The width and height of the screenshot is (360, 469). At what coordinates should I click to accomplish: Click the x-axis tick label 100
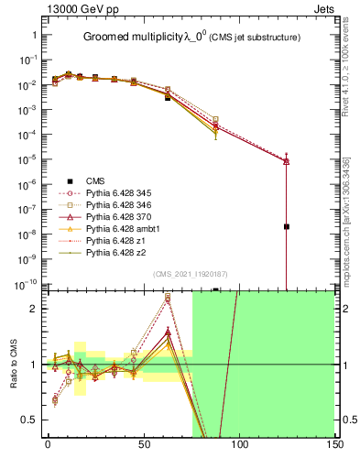pos(239,443)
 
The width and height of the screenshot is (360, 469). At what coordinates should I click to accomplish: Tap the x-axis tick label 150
pos(334,443)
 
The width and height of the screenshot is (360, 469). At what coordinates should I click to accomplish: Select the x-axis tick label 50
pos(144,443)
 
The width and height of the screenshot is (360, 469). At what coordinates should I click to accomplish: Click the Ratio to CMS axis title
pos(15,364)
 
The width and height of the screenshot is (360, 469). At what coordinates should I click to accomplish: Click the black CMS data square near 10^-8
pos(287,226)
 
